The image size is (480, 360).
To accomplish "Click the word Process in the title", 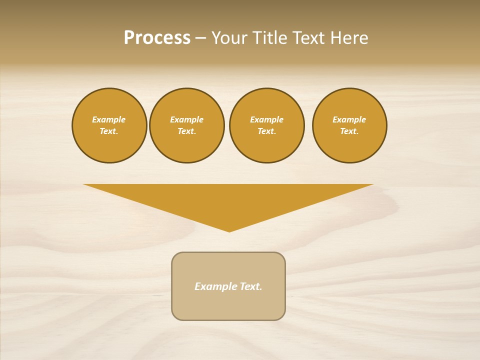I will point(157,38).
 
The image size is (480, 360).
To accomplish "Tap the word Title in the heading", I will point(268,38).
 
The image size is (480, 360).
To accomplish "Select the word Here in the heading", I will point(349,38).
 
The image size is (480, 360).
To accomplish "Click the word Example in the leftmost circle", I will point(109,119).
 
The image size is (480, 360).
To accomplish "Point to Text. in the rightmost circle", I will point(349,131).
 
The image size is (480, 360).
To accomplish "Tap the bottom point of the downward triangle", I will point(229,231).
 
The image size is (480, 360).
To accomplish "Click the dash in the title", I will point(200,38).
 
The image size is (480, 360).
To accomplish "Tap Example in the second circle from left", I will point(187,119).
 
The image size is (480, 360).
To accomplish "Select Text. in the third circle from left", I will point(267,131).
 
